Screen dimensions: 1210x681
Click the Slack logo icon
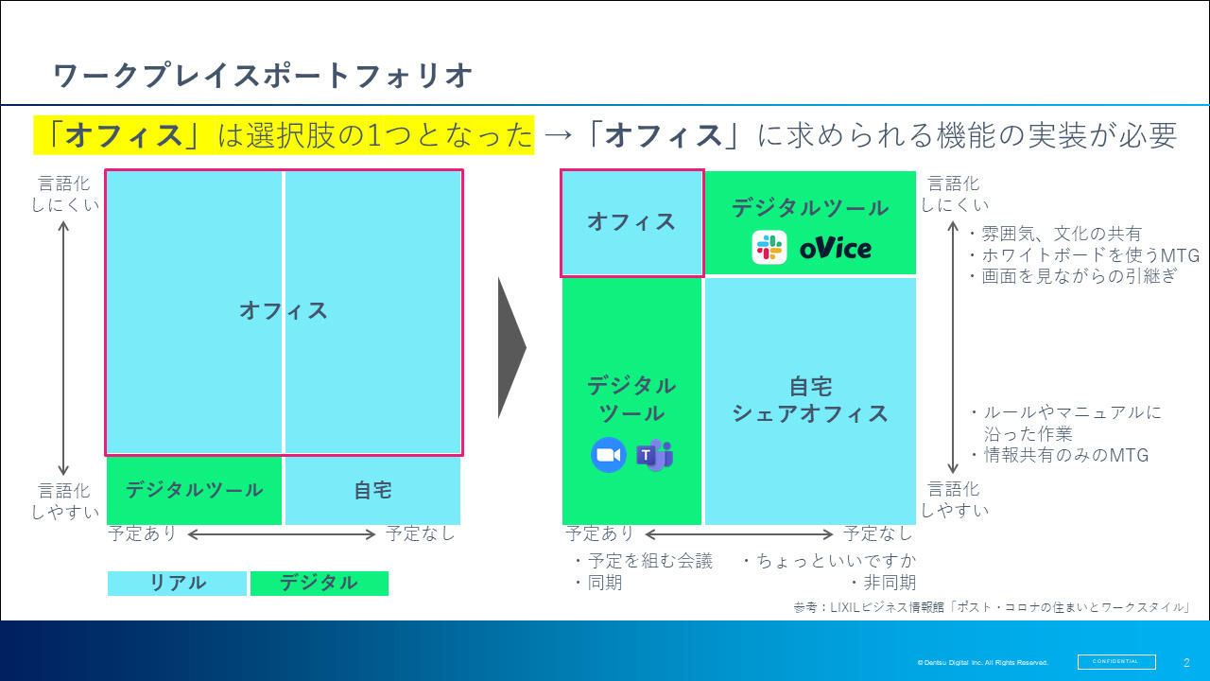point(769,248)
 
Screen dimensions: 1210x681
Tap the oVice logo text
point(835,249)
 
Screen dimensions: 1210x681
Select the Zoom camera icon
point(609,455)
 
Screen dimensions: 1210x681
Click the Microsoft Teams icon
point(655,455)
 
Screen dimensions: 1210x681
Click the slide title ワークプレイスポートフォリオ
point(263,75)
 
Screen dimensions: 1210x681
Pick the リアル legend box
point(177,584)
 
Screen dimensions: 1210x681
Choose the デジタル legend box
point(320,584)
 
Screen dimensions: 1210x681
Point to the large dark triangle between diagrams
point(511,348)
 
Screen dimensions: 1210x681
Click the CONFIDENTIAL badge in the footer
point(1116,661)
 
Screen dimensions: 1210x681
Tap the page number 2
point(1186,662)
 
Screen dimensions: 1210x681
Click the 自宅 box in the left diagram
point(372,491)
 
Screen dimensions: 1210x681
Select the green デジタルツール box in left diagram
point(194,491)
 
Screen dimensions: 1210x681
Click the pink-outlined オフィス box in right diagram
point(632,222)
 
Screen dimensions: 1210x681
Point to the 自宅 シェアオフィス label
point(810,400)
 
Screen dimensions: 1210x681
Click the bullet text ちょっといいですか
point(830,561)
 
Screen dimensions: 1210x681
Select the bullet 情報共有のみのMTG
point(1059,455)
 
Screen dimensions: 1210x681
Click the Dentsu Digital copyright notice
point(982,663)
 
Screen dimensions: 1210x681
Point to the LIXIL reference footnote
point(993,607)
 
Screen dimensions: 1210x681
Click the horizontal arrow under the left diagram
point(281,534)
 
